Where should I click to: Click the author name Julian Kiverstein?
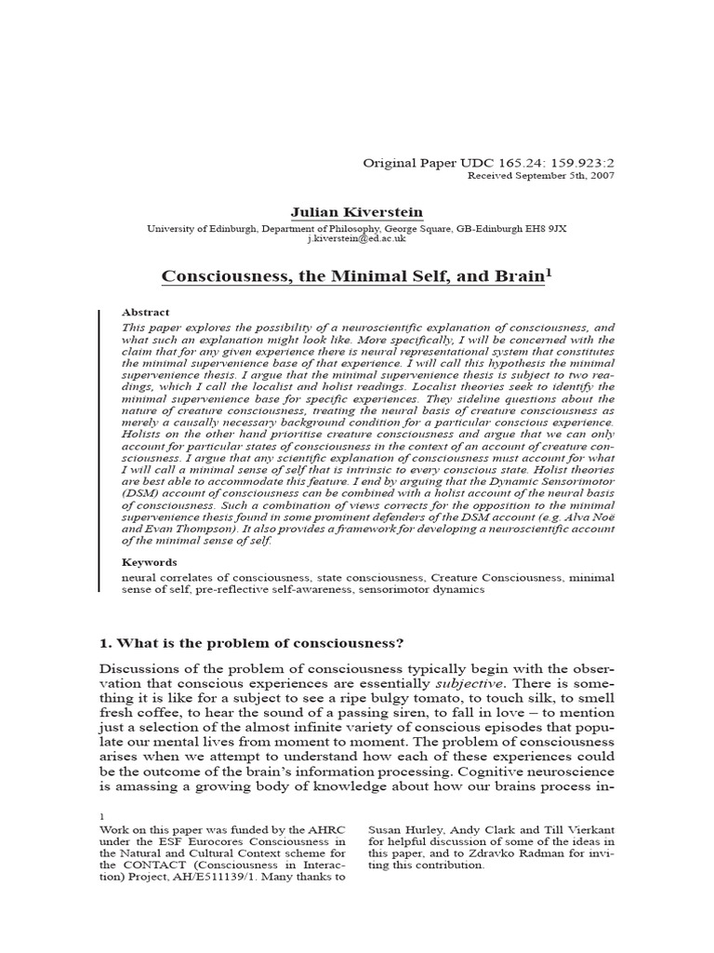pos(356,213)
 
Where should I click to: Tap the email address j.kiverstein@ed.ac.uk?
pos(356,239)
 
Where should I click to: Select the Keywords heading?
pos(150,562)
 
